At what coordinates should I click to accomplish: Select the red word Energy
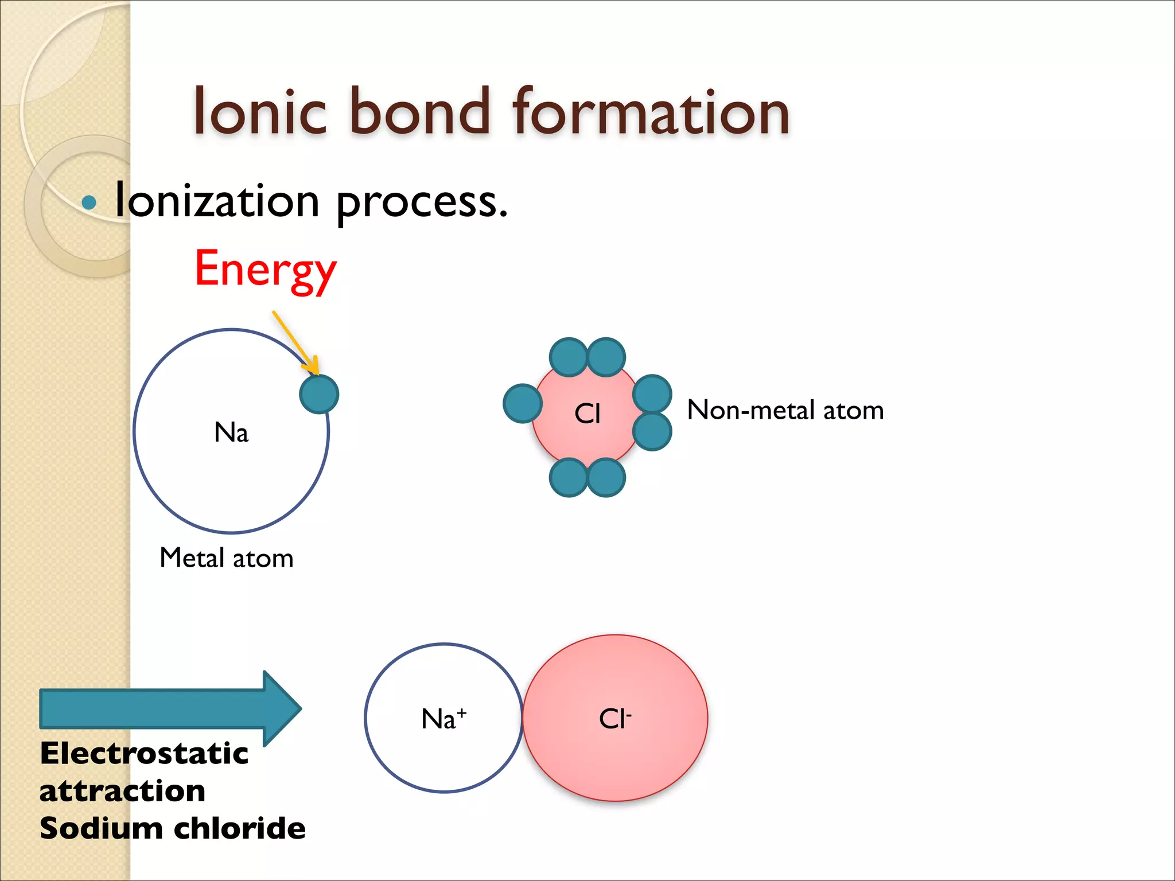click(265, 270)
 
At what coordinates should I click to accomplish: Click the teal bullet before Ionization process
click(89, 202)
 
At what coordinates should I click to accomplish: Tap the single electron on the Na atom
click(319, 394)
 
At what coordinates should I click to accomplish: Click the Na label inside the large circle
click(231, 432)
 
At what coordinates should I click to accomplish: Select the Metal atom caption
click(227, 558)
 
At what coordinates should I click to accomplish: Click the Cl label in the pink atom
click(587, 414)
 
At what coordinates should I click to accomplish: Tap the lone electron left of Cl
click(522, 404)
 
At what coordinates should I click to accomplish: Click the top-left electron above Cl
click(568, 357)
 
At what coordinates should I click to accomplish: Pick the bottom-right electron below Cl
click(606, 477)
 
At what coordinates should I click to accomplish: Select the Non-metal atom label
click(785, 411)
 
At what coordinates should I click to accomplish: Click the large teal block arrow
click(166, 709)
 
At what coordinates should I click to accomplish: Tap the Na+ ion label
click(443, 719)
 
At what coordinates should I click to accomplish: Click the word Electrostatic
click(144, 753)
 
